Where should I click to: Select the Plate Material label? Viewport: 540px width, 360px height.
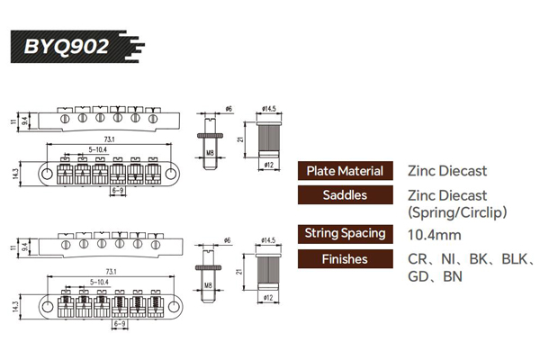345,170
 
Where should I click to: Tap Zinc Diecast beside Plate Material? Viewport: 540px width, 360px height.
446,170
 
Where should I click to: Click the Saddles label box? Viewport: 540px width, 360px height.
345,194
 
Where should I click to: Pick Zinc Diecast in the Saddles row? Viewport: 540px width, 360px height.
446,194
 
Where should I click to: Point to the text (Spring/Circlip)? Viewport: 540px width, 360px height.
458,213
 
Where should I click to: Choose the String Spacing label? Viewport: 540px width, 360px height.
345,234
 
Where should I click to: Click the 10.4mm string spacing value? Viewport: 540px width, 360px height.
436,234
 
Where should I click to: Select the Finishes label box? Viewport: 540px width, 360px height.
345,259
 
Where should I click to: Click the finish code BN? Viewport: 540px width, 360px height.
454,277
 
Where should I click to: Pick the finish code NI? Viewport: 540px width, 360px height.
450,259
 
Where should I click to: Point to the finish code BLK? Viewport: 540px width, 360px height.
513,259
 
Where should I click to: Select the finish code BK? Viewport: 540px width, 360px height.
480,259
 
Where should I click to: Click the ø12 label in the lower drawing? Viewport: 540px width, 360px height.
269,299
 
